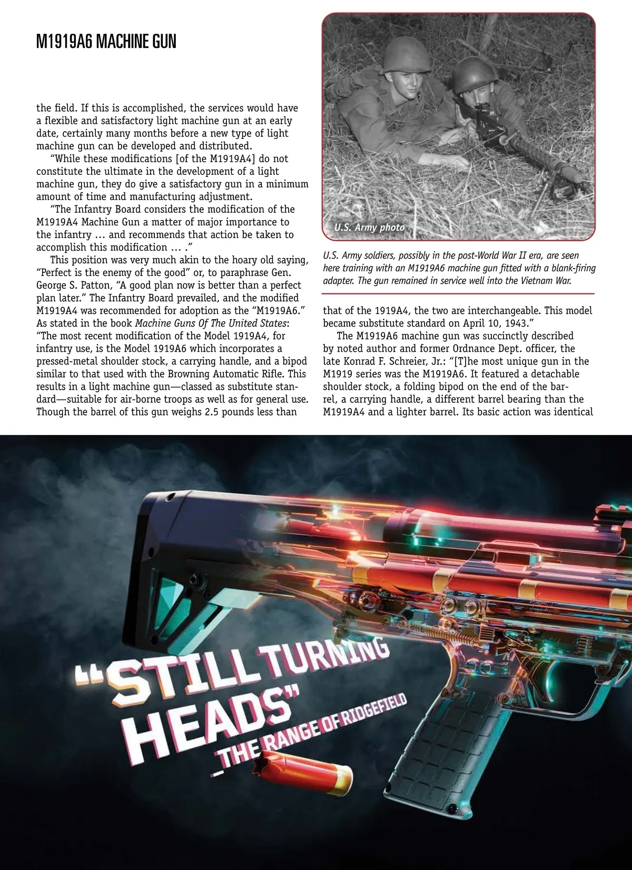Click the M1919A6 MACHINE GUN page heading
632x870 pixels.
(x=106, y=42)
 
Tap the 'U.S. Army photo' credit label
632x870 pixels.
(x=369, y=228)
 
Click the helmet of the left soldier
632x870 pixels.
(x=406, y=56)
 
